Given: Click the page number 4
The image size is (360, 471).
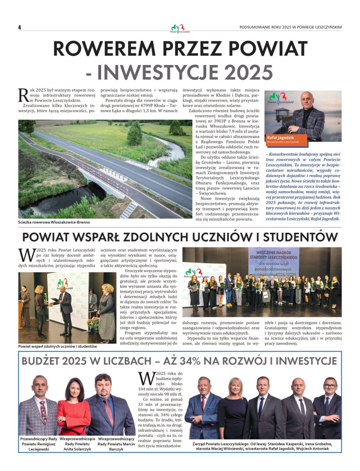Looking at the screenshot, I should tap(19, 27).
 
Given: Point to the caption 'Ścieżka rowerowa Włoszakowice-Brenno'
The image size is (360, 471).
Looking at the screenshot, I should tap(54, 222).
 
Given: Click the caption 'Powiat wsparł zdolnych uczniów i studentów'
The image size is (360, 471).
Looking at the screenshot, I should tap(57, 347).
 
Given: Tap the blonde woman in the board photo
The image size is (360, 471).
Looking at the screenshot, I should tap(233, 408).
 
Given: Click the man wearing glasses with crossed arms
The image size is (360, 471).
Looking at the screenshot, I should tap(327, 408).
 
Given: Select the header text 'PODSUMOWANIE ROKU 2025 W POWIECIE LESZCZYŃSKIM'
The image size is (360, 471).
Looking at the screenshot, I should tap(291, 27).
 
